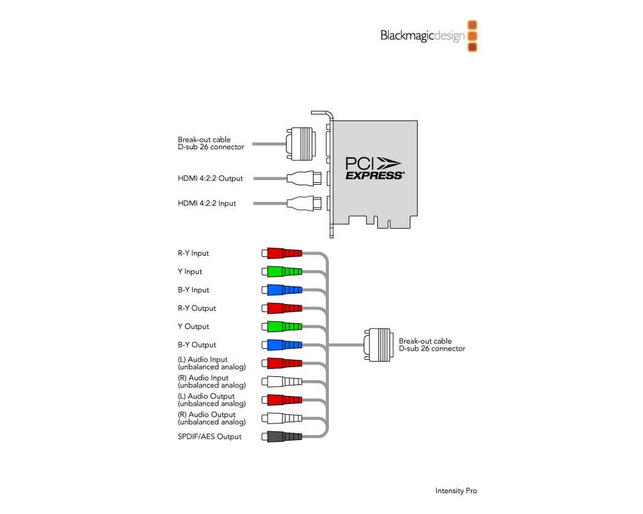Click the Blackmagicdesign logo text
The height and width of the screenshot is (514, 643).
(422, 35)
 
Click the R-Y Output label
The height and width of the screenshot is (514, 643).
(197, 308)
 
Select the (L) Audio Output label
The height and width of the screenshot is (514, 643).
(212, 400)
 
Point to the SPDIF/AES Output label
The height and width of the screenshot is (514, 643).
(209, 437)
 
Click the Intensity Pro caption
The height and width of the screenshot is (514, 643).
(456, 491)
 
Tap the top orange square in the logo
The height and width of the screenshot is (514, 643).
(472, 25)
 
